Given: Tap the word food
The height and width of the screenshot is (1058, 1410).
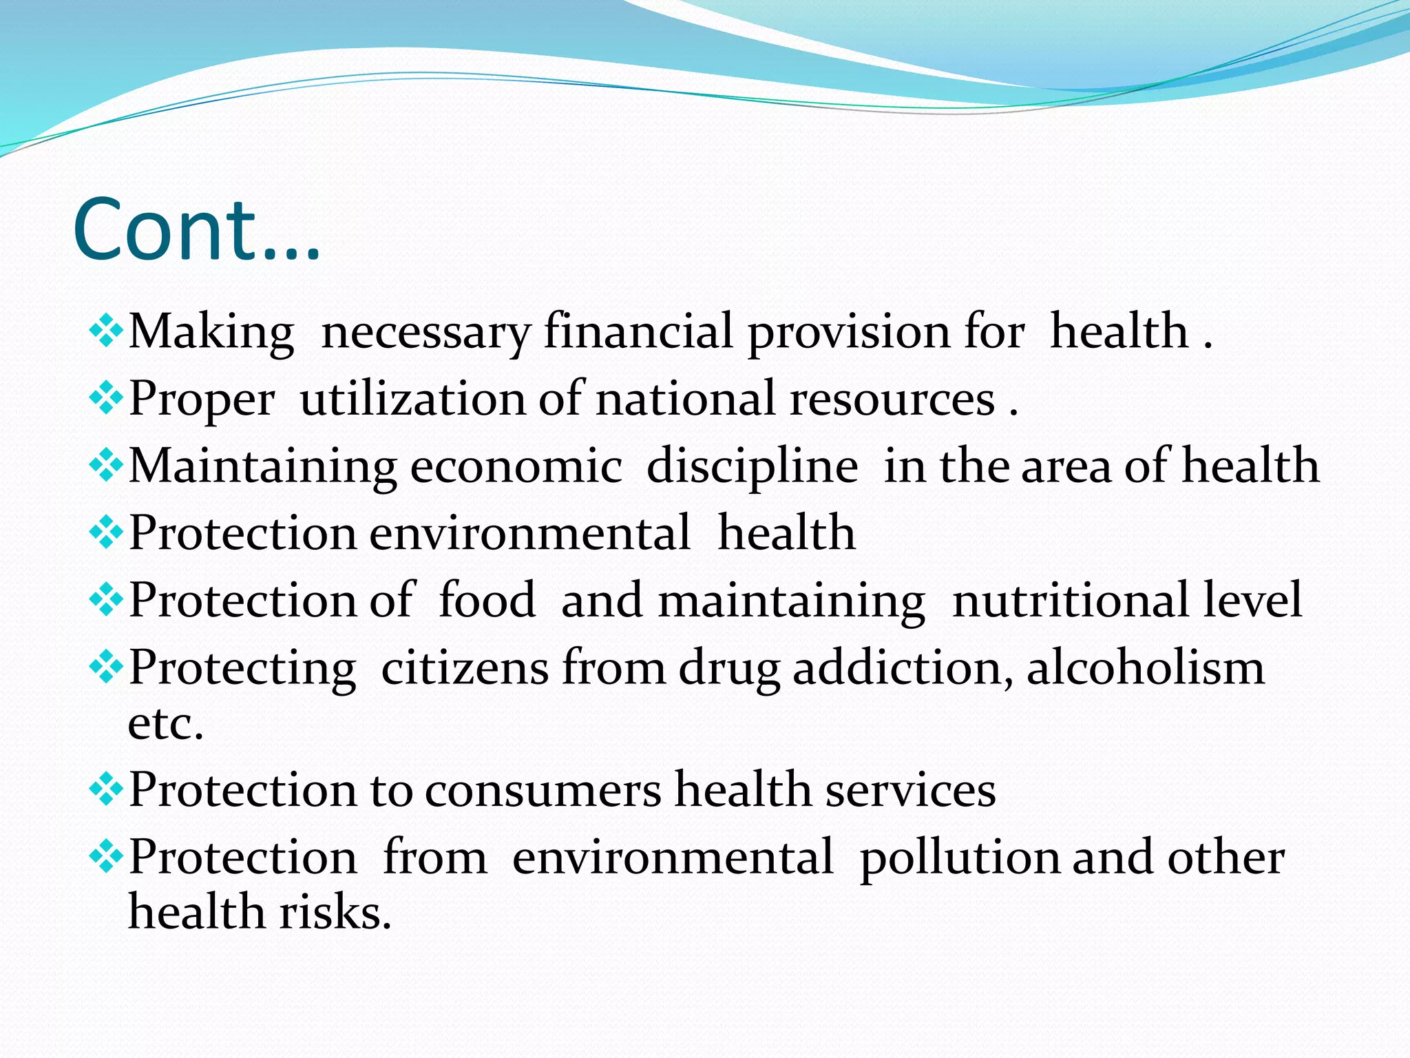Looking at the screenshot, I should tap(487, 601).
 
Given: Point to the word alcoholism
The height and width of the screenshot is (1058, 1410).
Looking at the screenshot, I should tap(1146, 668).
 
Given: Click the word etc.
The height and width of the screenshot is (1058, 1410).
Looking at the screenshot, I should tap(166, 725).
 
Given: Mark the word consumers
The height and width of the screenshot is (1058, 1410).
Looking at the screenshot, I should tap(543, 790).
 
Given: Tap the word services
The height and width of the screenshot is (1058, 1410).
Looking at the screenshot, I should tap(910, 790).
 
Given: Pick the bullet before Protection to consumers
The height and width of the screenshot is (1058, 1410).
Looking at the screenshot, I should tap(106, 789).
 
